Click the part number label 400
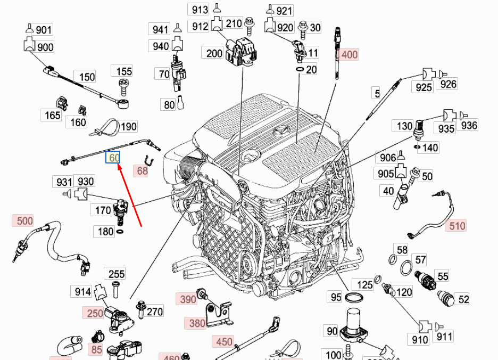tap(350, 54)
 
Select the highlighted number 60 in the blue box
tap(113, 158)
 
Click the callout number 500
tap(24, 220)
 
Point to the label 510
tap(457, 226)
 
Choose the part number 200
tap(214, 53)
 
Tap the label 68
tap(142, 171)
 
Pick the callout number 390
tap(188, 299)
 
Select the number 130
tap(404, 126)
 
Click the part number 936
tap(469, 126)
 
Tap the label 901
tap(44, 30)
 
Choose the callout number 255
tap(117, 274)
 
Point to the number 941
tap(161, 28)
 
